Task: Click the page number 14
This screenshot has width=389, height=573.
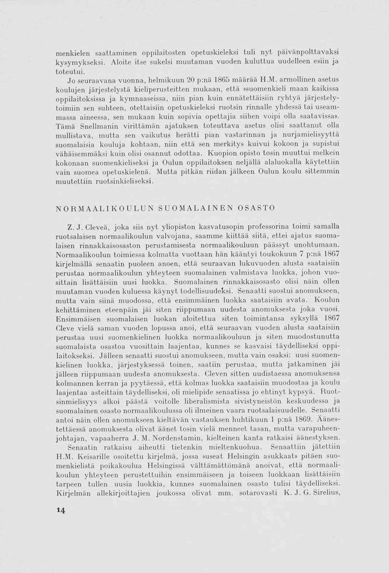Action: click(x=60, y=510)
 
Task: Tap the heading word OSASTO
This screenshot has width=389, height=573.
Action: click(x=255, y=208)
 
